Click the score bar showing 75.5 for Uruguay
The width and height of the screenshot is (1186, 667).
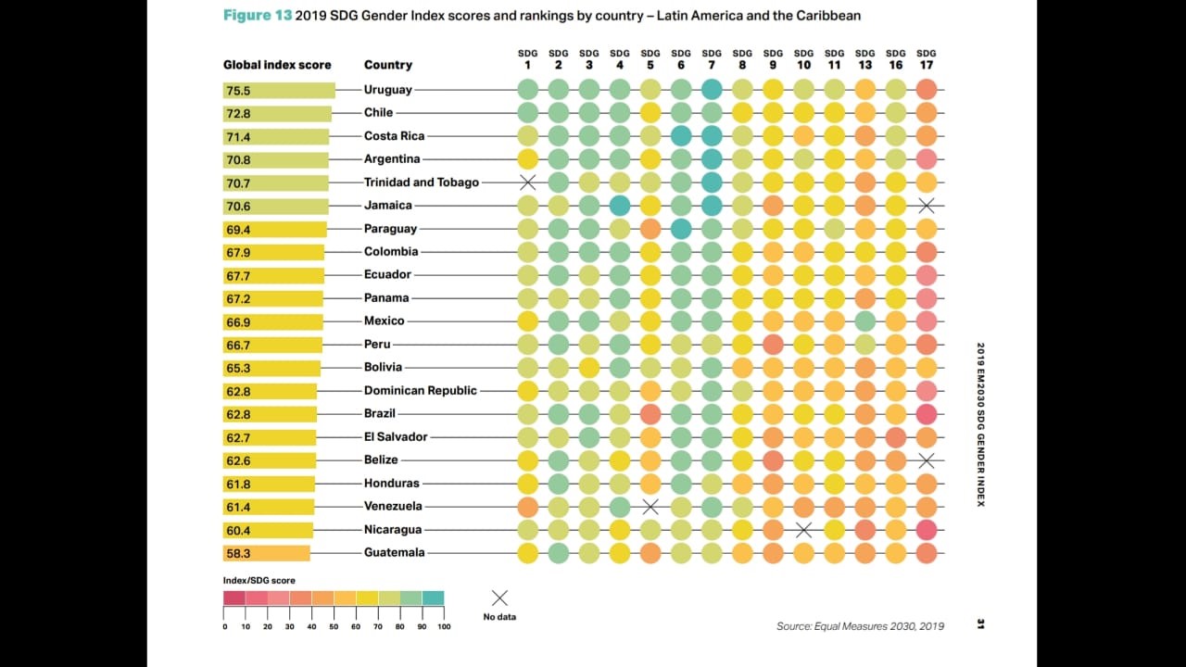278,91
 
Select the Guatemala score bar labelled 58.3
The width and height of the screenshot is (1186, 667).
266,553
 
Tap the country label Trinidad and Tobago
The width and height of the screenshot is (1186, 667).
421,182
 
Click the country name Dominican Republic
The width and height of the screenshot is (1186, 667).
420,391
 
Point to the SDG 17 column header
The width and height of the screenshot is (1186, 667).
926,59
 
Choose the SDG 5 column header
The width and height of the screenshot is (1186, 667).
650,59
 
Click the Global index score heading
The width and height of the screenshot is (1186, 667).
277,65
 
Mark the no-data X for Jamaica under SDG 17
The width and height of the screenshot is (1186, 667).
926,206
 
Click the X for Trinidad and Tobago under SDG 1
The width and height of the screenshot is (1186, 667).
528,182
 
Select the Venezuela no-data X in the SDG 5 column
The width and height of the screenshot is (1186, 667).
650,507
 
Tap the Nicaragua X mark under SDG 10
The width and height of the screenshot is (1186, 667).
803,530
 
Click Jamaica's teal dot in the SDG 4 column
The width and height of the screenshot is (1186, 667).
620,206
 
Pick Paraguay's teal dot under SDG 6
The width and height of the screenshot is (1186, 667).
681,229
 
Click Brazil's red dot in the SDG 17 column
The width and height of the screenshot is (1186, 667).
926,414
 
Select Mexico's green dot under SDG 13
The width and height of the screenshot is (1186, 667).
864,321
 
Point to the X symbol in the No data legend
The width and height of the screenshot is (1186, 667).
499,598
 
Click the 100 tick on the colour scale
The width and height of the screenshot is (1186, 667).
444,627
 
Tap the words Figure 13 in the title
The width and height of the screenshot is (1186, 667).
257,16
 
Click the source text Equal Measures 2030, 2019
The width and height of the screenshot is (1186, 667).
860,626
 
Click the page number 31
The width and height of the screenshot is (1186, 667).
980,624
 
